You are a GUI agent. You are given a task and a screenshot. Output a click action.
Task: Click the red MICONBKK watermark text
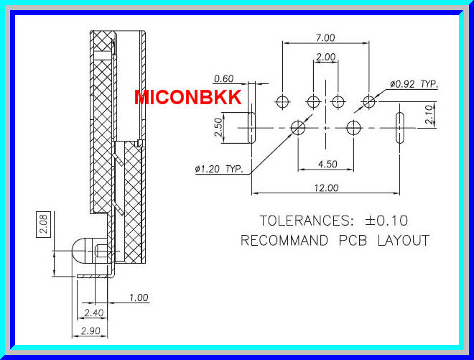188,97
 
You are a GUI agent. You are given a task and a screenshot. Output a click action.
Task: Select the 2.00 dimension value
325,57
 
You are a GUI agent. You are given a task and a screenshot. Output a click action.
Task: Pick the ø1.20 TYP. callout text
219,170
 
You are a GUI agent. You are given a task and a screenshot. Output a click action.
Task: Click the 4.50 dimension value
327,165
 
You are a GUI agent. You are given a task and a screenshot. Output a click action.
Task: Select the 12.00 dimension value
325,188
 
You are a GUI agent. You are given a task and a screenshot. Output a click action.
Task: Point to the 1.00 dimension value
139,297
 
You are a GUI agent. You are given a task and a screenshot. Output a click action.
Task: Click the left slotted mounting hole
251,127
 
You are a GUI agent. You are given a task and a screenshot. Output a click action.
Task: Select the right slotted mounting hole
400,127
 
